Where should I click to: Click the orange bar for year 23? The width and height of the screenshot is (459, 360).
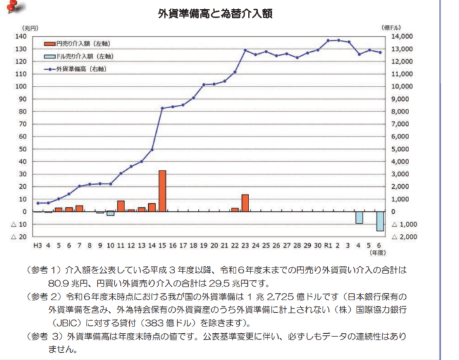pos(245,203)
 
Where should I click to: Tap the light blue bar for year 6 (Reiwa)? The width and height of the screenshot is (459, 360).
pos(380,221)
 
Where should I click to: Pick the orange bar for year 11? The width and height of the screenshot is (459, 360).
pos(121,206)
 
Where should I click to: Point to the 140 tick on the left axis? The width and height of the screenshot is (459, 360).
pos(20,36)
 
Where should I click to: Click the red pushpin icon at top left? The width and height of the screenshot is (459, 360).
pos(12,7)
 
